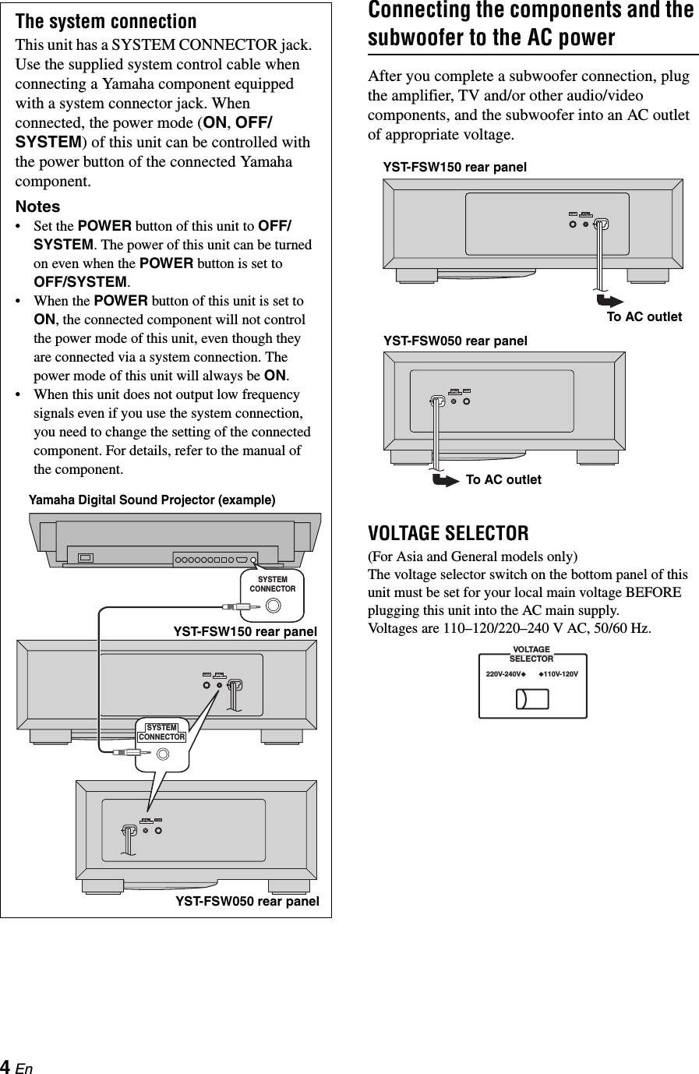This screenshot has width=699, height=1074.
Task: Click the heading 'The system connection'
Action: tap(106, 21)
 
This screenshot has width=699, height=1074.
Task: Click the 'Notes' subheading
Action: tap(38, 207)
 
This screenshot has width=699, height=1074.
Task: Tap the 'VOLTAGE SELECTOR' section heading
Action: tap(448, 534)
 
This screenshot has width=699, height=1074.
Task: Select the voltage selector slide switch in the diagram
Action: tap(532, 698)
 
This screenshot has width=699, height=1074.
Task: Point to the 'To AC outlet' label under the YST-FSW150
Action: tap(644, 316)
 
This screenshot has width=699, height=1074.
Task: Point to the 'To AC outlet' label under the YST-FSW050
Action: tap(503, 479)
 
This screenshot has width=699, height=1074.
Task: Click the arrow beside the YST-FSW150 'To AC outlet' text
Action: tap(609, 301)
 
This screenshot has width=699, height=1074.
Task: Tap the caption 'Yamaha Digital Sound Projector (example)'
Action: tap(152, 500)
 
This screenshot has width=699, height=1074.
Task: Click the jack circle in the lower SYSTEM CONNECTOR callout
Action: tap(163, 754)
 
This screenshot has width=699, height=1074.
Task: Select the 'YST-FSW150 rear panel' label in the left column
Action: tap(245, 631)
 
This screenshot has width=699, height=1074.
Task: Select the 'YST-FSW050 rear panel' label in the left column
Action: tap(247, 901)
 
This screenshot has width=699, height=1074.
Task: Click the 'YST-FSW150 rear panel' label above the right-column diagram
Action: tap(454, 167)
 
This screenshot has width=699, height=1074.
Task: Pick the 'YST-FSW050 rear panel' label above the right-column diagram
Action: tap(455, 341)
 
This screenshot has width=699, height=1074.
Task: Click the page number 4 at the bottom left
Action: tap(6, 1066)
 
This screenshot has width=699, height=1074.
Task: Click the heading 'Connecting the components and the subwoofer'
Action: tap(531, 23)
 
